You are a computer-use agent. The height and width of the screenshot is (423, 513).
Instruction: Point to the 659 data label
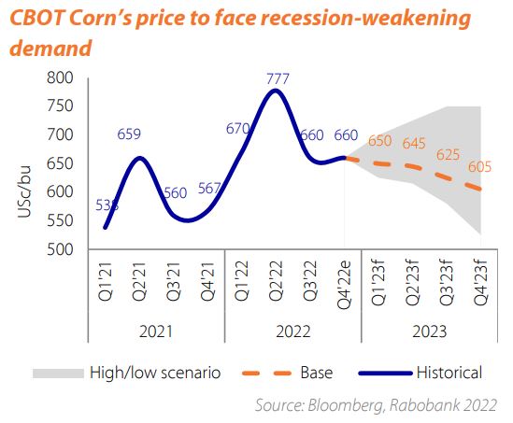pyautogui.click(x=129, y=134)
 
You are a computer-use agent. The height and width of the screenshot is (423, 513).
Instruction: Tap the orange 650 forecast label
pyautogui.click(x=379, y=141)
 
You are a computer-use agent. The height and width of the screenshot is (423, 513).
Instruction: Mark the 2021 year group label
pyautogui.click(x=154, y=332)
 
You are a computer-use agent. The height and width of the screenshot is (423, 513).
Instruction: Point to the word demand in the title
pyautogui.click(x=50, y=47)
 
